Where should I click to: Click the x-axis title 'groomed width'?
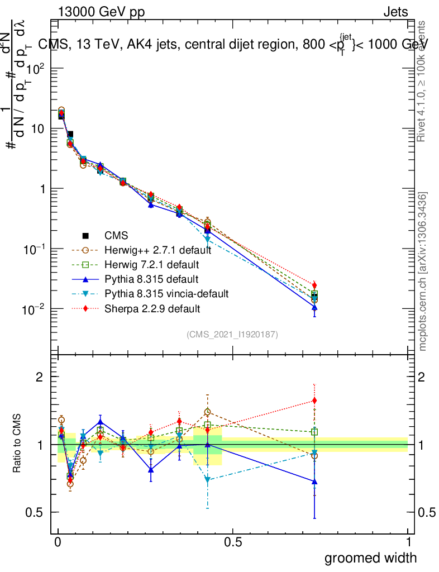370,557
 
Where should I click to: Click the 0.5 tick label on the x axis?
233,542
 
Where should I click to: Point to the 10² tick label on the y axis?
31,68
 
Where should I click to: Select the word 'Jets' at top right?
395,12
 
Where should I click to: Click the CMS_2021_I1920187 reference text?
232,334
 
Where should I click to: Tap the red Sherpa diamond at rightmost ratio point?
315,401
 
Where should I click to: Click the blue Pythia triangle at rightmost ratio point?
315,481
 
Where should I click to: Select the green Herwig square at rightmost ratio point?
315,432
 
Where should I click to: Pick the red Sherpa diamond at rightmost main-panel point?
315,285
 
